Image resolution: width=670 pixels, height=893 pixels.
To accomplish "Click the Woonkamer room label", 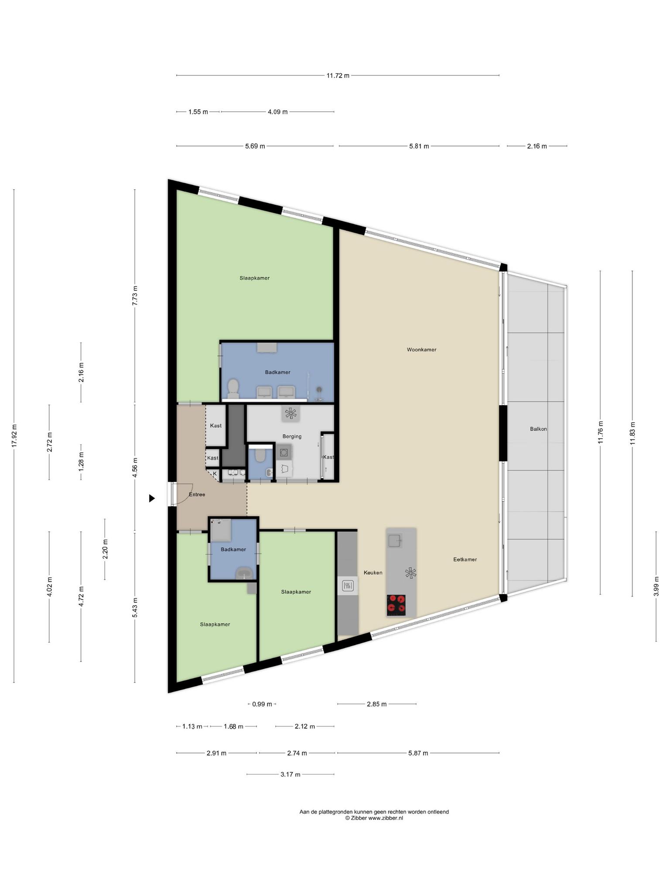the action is click(421, 350).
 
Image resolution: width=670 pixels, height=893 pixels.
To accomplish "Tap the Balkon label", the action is click(538, 429).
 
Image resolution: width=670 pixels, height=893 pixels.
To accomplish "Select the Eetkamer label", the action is click(465, 559).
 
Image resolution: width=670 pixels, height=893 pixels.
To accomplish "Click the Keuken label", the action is click(373, 573).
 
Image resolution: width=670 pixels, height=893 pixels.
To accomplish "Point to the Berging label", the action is click(292, 436).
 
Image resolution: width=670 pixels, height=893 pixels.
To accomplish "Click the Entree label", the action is click(197, 494).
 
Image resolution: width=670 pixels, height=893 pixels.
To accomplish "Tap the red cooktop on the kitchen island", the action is click(396, 605).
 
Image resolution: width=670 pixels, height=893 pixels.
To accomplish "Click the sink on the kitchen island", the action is click(395, 541).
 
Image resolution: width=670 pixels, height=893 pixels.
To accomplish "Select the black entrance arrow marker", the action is click(152, 498).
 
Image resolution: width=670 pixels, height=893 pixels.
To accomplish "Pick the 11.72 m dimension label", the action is click(338, 75).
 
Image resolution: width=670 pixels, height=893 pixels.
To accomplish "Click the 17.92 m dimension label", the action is click(14, 436).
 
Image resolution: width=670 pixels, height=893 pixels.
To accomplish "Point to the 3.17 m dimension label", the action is click(290, 774).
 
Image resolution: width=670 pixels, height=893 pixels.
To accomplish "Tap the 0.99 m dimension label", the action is click(262, 704).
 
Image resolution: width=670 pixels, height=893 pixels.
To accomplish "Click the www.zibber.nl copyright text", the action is click(374, 818).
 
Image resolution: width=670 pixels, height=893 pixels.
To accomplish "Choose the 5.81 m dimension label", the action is click(419, 146).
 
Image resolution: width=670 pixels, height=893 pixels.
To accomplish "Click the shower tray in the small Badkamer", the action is click(221, 530).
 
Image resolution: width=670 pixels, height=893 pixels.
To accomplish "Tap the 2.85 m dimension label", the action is click(376, 704).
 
